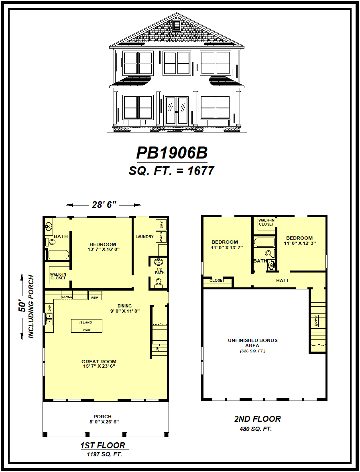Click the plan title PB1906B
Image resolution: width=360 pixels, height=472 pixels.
click(172, 153)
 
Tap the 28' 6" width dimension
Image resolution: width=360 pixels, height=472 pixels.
click(104, 205)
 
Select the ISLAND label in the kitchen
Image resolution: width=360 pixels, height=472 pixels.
click(85, 322)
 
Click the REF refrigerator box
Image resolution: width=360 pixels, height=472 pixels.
click(95, 297)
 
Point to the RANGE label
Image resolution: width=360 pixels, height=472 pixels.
click(67, 297)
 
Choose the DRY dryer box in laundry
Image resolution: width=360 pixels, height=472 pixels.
click(161, 225)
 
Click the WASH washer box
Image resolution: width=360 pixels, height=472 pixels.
click(161, 237)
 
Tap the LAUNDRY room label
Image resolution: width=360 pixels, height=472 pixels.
click(144, 237)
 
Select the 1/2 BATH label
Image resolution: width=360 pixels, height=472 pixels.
click(160, 271)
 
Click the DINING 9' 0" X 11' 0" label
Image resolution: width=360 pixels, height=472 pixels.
click(124, 308)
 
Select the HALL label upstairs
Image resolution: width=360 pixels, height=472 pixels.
click(283, 281)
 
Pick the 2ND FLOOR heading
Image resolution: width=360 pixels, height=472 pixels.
click(258, 419)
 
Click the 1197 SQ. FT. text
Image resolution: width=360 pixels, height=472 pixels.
click(104, 455)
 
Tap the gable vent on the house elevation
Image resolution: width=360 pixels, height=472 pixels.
click(177, 26)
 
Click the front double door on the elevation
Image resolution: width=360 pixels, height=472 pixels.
click(177, 110)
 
